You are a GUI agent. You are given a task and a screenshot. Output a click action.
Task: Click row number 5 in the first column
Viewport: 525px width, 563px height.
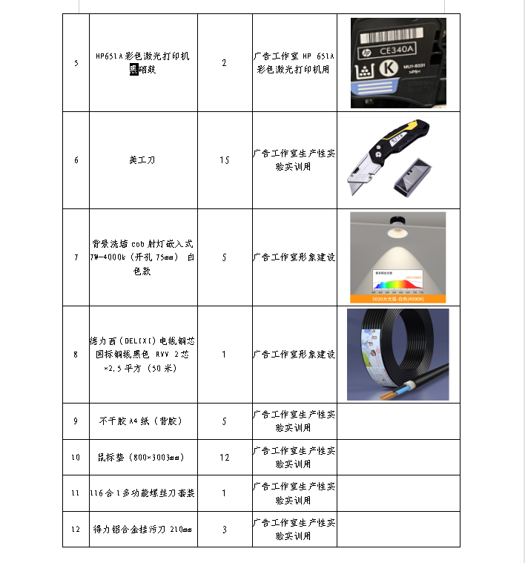tap(76, 63)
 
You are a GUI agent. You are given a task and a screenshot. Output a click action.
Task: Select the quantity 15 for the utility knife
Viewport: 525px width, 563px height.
tap(225, 160)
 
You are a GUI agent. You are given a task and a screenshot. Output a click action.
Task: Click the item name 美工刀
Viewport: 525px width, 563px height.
tap(143, 160)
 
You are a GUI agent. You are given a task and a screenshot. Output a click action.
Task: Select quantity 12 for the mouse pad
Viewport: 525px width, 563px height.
tap(225, 457)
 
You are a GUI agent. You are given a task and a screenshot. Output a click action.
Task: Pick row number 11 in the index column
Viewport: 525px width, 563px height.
tap(76, 493)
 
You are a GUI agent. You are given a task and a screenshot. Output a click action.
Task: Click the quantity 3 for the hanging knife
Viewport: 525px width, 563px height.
tap(225, 530)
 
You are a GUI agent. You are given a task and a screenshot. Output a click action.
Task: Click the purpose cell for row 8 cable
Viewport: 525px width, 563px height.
tap(294, 355)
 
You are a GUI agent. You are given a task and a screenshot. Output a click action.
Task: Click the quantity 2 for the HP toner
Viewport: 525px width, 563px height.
tap(225, 63)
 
